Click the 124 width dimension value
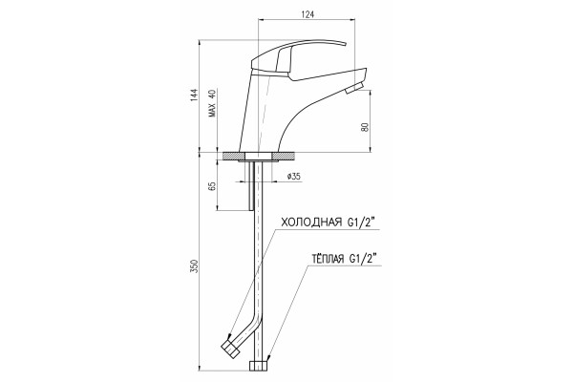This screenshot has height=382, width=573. [x=308, y=14]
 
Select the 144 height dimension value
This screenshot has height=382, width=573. [x=194, y=95]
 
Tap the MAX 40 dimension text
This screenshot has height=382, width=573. [x=212, y=103]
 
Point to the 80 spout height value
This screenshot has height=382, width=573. [x=366, y=127]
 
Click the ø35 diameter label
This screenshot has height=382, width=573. [x=293, y=176]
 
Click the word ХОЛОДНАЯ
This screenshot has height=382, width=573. [x=310, y=223]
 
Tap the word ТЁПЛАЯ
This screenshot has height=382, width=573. [x=328, y=259]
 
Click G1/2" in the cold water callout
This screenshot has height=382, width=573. [x=361, y=223]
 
